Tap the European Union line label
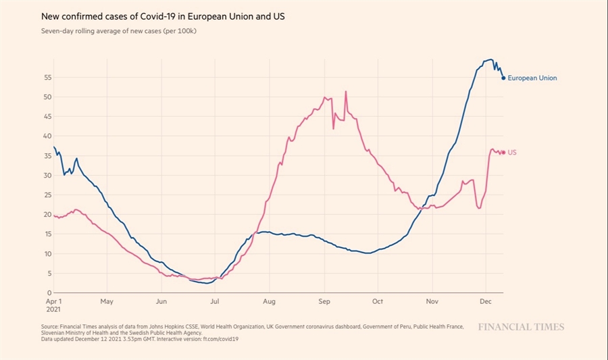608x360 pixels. (532, 78)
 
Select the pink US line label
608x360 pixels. (512, 153)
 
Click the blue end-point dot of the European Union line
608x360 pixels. (503, 78)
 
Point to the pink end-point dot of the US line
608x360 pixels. (503, 153)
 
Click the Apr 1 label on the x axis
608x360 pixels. (53, 301)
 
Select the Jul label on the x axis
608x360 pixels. (214, 301)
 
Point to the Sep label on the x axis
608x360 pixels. (324, 301)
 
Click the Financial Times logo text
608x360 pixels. (521, 327)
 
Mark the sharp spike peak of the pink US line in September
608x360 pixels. (346, 91)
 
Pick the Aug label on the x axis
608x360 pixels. (268, 301)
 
